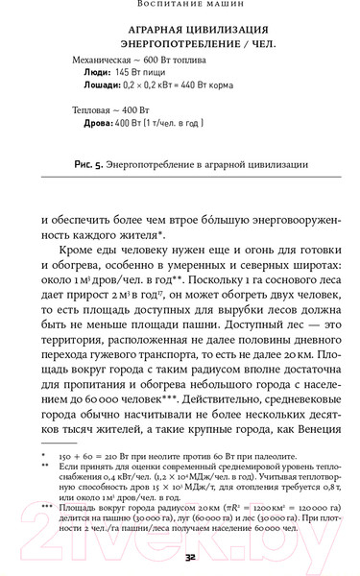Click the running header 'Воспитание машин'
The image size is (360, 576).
click(180, 5)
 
